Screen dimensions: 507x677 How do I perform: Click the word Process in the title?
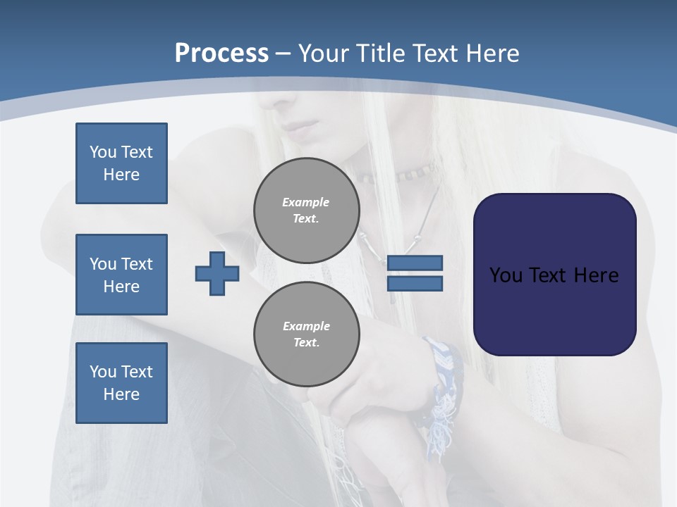coord(221,54)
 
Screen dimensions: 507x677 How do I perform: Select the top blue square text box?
coord(121,163)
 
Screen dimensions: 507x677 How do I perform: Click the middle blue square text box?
coord(121,275)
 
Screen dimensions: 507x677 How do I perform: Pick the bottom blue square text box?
coord(121,383)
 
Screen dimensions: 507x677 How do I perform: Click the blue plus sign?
coord(217,273)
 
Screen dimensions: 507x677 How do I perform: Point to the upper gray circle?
coord(306,211)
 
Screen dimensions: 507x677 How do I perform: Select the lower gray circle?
coord(306,334)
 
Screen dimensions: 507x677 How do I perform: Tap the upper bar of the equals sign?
coord(415,263)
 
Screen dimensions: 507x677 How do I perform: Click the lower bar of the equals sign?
coord(415,284)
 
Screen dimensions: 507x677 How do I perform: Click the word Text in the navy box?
coord(548,275)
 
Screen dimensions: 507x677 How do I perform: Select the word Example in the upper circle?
coord(306,202)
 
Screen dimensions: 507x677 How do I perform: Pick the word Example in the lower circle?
coord(306,326)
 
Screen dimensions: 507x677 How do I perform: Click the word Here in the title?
coord(492,54)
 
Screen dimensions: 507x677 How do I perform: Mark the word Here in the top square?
coord(121,175)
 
